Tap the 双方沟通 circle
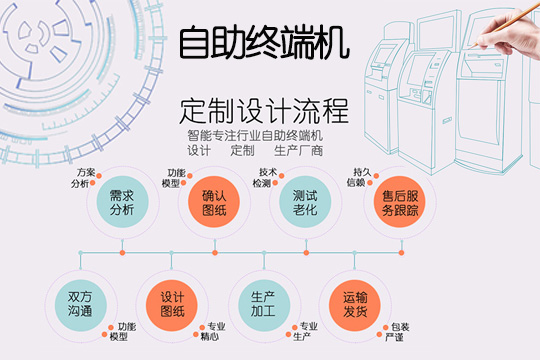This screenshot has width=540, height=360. coord(79,304)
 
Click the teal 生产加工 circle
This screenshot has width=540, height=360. coord(262,304)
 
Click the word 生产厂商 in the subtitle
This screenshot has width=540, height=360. coord(298,151)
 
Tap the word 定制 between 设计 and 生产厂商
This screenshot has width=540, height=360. coord(243,151)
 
